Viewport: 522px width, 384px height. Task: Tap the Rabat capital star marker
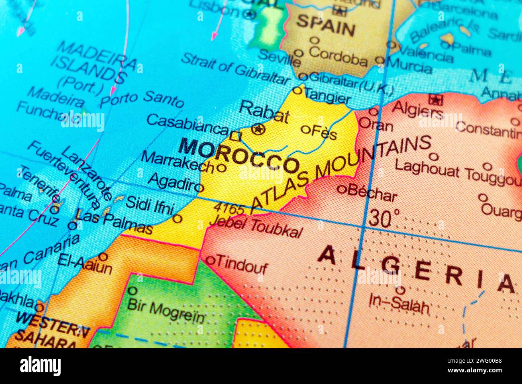click(258, 129)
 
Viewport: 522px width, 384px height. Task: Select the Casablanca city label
click(187, 125)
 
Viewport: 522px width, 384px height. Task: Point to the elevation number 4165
click(229, 208)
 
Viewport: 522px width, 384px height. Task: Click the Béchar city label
click(372, 193)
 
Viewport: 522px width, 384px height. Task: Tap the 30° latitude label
click(383, 218)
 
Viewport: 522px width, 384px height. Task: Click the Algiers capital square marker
click(434, 99)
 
